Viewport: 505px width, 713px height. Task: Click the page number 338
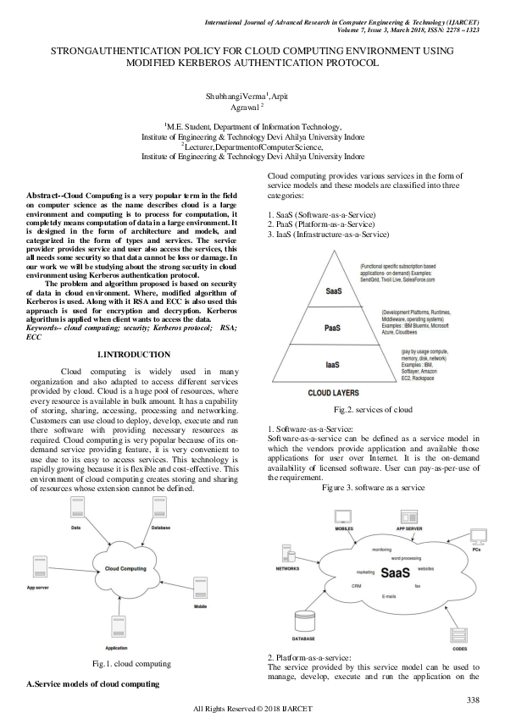coord(474,699)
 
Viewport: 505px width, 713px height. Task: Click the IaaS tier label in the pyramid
coord(333,365)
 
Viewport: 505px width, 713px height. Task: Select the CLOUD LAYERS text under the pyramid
coord(331,393)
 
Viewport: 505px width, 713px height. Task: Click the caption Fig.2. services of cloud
coord(374,409)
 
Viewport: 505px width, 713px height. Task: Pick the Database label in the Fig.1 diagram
coord(161,528)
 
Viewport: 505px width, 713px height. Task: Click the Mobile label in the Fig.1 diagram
coord(201,607)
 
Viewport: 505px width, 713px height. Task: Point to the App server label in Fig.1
coord(37,586)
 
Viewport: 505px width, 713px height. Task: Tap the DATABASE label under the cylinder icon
coord(304,639)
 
